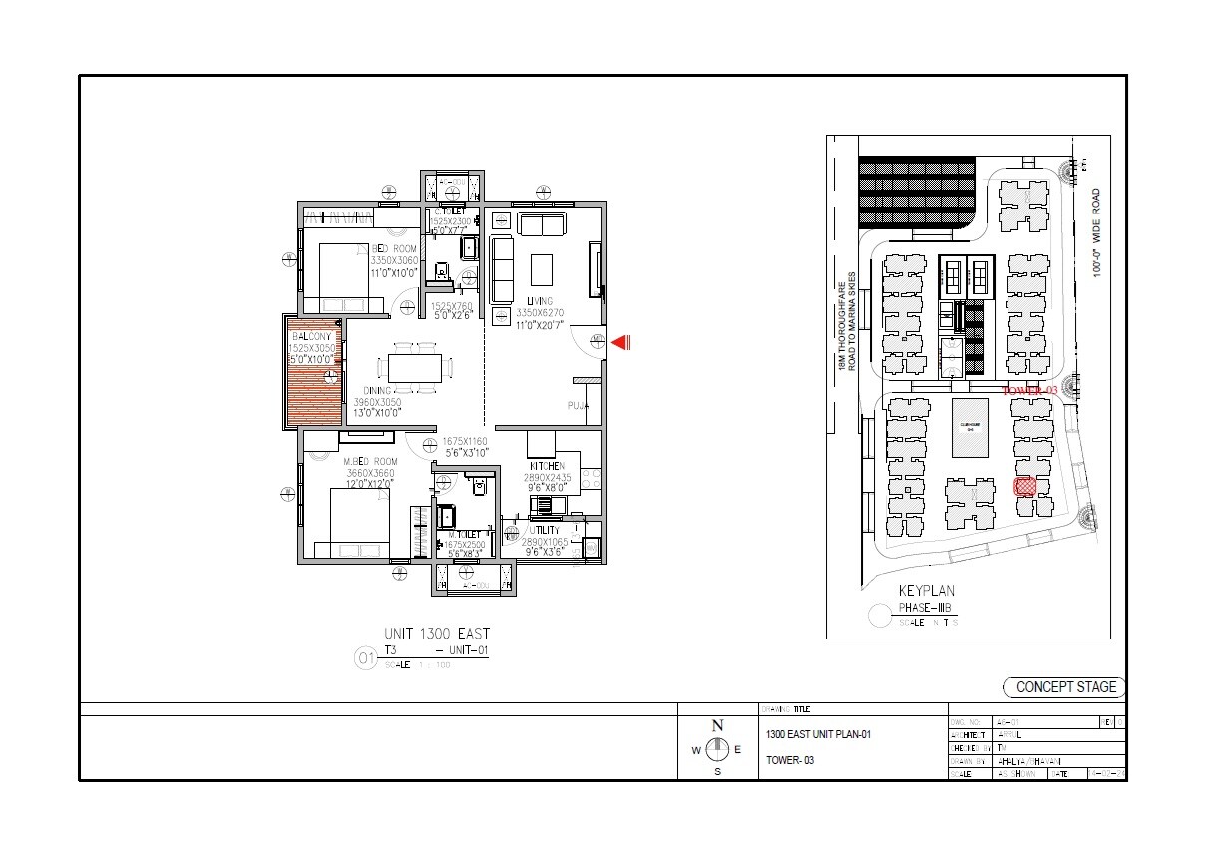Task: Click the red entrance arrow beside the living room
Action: (620, 343)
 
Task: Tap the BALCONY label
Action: (311, 337)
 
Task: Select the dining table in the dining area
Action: (414, 367)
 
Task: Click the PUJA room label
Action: (579, 406)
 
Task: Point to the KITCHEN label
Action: (547, 466)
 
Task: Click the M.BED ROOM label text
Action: (370, 462)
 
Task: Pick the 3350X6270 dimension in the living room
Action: (540, 312)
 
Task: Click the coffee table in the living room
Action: (541, 269)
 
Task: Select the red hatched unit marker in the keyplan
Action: (1024, 487)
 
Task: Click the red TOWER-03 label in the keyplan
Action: (1028, 390)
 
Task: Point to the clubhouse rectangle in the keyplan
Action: (969, 428)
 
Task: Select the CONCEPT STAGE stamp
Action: (1064, 686)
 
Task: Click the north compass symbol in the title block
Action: (716, 748)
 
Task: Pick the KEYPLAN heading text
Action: (927, 591)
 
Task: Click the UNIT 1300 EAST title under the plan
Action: (437, 634)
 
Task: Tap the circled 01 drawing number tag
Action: (365, 658)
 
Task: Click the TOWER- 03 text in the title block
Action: (790, 760)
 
